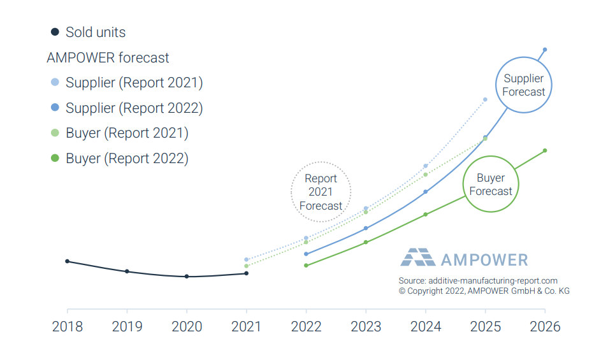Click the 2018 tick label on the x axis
pos(67,327)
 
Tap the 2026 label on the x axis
pos(545,327)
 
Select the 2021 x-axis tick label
pos(246,327)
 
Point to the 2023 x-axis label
pos(366,327)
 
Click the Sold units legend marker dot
pos(55,32)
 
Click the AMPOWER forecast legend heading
pos(108,58)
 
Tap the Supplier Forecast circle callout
pos(524,85)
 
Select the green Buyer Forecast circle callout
pos(490,185)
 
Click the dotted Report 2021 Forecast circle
pos(321,192)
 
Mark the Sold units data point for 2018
pos(67,261)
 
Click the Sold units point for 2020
pos(187,277)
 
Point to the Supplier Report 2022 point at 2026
pos(545,50)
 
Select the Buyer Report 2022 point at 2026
pos(545,150)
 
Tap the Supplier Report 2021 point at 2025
pos(485,99)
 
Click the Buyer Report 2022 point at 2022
pos(306,265)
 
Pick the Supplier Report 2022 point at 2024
pos(425,192)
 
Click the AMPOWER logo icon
pos(417,257)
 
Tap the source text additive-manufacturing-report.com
pos(478,280)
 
